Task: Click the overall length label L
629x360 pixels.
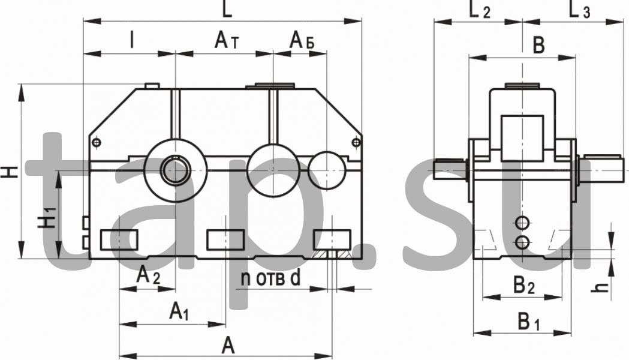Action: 227,9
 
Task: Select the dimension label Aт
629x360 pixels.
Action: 227,41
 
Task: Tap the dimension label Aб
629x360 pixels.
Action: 302,41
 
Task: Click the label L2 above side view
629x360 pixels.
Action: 479,10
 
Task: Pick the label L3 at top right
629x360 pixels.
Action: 579,10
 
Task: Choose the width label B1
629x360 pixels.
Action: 528,322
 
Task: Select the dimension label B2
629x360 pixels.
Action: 524,286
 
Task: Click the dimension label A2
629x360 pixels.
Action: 148,276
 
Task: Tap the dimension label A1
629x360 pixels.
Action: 179,311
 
